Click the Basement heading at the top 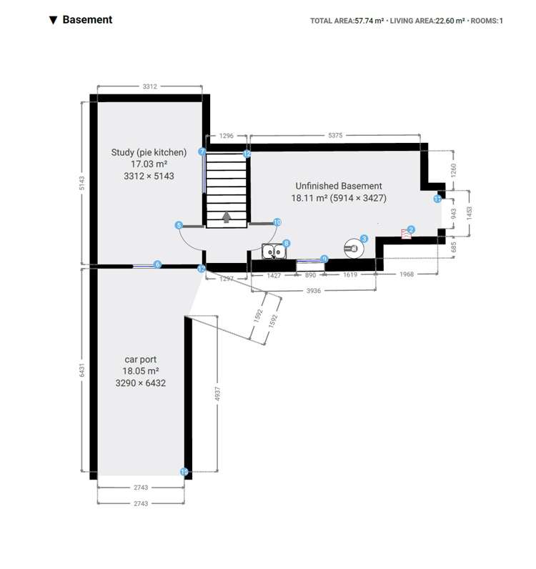87,20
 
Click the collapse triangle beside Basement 53,20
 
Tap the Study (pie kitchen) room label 149,152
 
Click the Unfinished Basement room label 339,186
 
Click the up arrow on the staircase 227,217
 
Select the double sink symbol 272,251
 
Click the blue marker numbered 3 364,238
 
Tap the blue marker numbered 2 411,229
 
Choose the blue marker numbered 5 179,225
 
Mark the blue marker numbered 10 277,222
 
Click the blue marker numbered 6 158,264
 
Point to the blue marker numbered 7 202,152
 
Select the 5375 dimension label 334,134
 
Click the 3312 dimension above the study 149,86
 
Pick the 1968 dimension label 406,274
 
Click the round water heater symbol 352,248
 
